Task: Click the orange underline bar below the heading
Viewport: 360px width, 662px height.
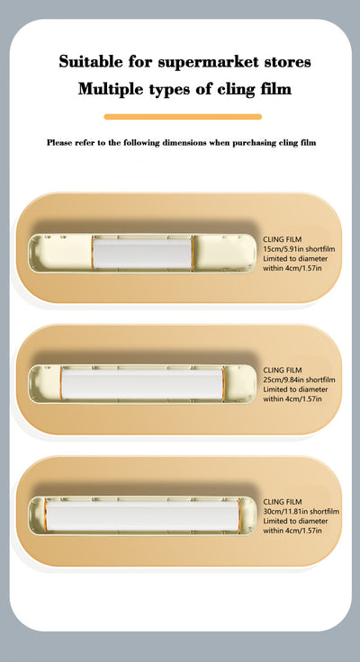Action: click(183, 116)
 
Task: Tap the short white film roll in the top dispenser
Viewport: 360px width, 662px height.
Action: click(143, 253)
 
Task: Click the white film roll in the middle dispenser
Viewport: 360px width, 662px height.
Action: click(142, 383)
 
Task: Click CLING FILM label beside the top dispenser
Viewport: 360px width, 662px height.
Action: click(283, 239)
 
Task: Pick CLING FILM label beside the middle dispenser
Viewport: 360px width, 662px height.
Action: click(283, 370)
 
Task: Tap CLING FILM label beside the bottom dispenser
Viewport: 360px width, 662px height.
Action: click(283, 501)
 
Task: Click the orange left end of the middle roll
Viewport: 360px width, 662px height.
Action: click(62, 383)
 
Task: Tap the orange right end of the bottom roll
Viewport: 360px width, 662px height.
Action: click(235, 514)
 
